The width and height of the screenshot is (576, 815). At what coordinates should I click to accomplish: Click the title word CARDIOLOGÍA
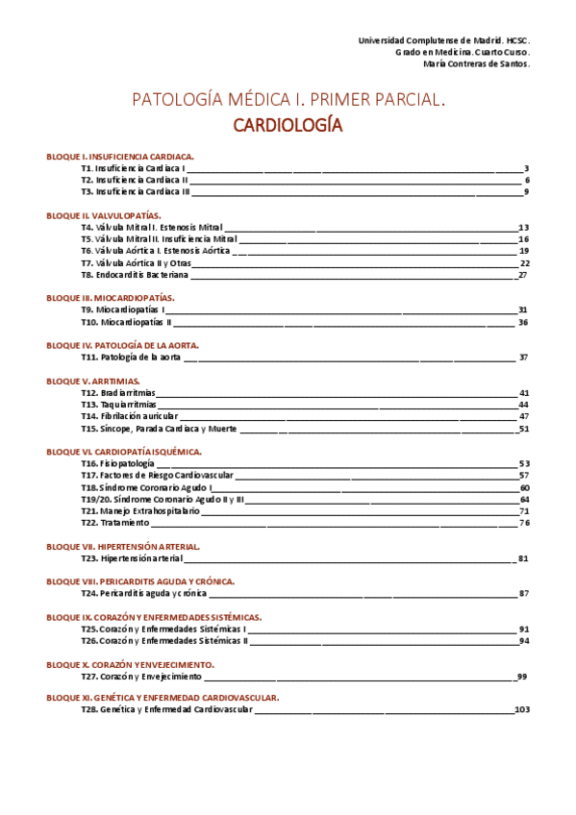[x=288, y=125]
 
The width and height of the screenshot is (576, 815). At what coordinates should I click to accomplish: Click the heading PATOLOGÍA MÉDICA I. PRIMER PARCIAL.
[x=288, y=99]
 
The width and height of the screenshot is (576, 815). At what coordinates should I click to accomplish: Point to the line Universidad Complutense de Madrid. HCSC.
[x=443, y=40]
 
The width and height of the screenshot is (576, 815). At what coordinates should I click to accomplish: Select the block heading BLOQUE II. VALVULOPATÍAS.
[x=104, y=215]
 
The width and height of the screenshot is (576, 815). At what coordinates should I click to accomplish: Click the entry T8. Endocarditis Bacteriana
[x=135, y=275]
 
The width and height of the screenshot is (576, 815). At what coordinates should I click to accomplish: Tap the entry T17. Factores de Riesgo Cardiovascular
[x=157, y=475]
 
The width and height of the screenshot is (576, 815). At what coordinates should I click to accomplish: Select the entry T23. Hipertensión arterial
[x=132, y=558]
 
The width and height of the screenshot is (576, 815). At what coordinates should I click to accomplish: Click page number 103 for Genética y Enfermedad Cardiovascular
[x=522, y=709]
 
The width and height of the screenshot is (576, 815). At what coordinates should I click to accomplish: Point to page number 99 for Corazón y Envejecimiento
[x=522, y=677]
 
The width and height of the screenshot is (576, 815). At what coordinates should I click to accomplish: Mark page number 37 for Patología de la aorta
[x=524, y=357]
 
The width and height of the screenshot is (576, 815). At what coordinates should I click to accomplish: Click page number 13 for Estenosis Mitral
[x=524, y=227]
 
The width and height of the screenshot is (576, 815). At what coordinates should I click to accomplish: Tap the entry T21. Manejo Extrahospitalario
[x=140, y=511]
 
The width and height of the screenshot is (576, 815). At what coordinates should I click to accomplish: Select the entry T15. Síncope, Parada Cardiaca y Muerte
[x=159, y=429]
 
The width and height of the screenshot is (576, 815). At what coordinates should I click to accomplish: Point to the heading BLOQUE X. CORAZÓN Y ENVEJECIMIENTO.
[x=130, y=664]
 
